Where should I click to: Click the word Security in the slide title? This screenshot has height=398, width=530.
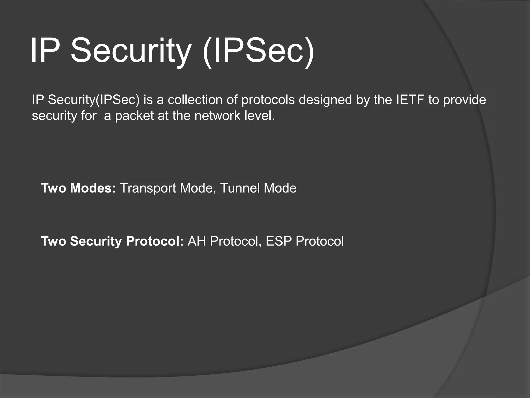point(131,51)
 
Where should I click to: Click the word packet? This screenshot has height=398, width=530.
point(134,116)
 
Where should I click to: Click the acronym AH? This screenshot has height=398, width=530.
point(197,241)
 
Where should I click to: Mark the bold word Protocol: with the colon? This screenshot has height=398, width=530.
point(155,241)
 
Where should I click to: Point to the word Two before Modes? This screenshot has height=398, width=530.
point(53,188)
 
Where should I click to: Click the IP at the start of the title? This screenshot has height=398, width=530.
point(45,51)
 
